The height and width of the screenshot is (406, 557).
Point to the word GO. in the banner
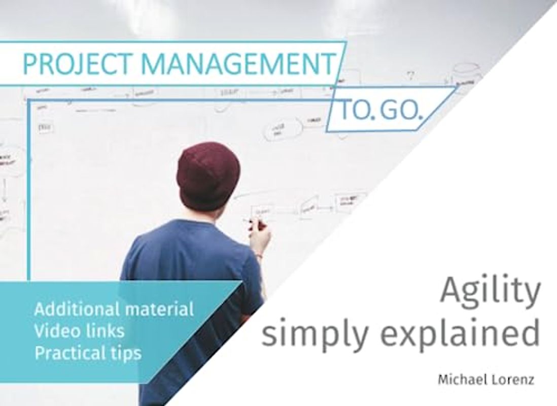(402, 110)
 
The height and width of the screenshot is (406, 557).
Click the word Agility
(490, 292)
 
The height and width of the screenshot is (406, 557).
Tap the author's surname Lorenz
(513, 380)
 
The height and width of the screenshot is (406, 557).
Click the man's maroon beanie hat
(208, 173)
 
